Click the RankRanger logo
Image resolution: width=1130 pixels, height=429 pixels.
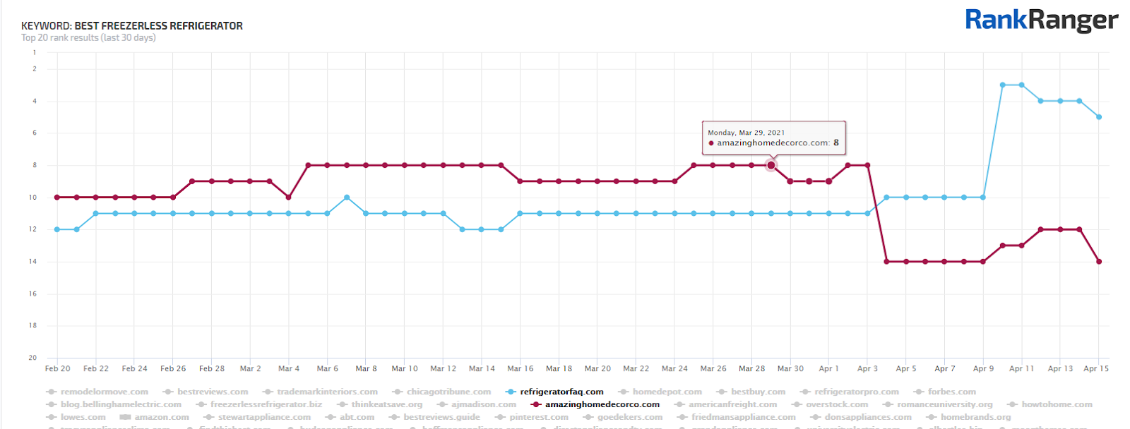(x=1041, y=20)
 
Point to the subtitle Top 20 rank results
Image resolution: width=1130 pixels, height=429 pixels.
(x=88, y=38)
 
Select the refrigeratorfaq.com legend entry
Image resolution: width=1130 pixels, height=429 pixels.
(x=561, y=392)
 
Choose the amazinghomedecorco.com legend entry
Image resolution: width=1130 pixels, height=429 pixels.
(x=602, y=404)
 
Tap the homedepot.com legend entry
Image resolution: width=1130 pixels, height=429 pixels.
(x=667, y=392)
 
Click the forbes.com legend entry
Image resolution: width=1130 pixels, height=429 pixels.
(x=951, y=392)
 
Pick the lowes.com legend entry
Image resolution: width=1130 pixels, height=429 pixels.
(x=83, y=417)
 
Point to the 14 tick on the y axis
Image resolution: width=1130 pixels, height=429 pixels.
(x=32, y=262)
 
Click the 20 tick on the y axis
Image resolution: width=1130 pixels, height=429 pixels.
(x=32, y=358)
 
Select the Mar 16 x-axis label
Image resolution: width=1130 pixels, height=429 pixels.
(x=521, y=368)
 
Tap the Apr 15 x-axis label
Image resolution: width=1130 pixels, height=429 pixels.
(x=1096, y=368)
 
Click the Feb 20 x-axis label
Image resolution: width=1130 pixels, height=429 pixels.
(x=57, y=368)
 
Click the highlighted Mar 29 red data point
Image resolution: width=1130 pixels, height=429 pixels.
(x=771, y=165)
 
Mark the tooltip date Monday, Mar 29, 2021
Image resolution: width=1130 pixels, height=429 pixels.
(x=746, y=133)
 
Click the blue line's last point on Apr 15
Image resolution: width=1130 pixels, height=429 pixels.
(x=1099, y=117)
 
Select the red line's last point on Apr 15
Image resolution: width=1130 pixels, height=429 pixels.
(x=1099, y=262)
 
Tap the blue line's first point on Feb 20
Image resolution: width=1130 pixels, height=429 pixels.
(x=57, y=229)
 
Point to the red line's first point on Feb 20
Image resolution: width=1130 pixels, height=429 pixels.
(x=57, y=198)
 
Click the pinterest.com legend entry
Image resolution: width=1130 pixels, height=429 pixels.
(x=538, y=417)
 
